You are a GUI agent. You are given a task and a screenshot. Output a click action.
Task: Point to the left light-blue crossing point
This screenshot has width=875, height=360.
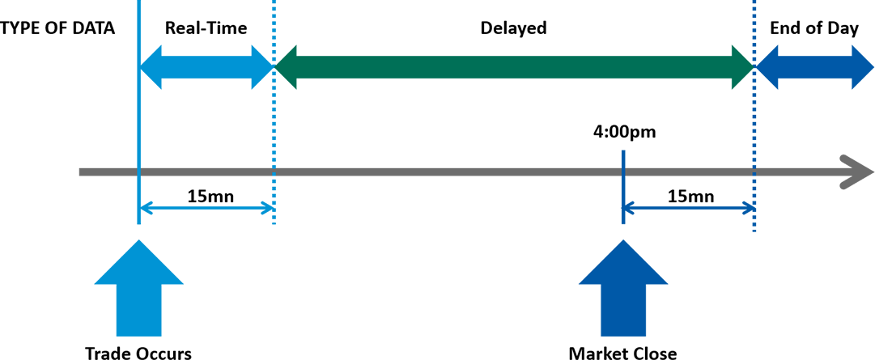pos(140,171)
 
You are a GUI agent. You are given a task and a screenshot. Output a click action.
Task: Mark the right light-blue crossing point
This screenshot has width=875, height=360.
pos(274,171)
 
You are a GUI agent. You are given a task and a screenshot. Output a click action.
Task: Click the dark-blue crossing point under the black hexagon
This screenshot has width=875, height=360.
pos(624,171)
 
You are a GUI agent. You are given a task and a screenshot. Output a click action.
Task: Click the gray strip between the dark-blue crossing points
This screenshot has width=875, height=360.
pos(688,171)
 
